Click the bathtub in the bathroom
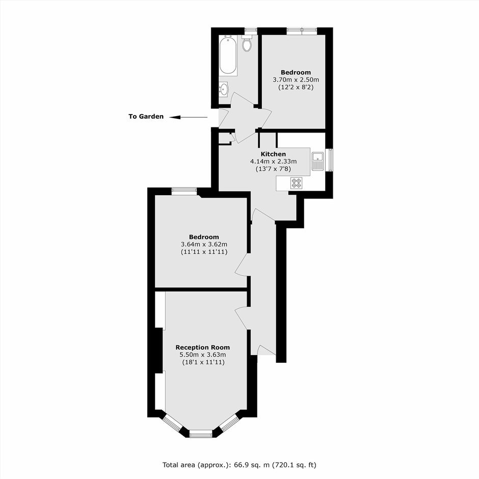(x=228, y=56)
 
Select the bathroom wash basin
(x=224, y=89)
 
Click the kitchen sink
(x=318, y=161)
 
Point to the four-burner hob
(x=296, y=182)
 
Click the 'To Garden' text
(x=146, y=116)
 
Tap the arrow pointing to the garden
(x=189, y=117)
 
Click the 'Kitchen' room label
(x=273, y=154)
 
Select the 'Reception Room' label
(x=202, y=348)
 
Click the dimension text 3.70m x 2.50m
(x=296, y=79)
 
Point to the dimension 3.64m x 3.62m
(x=204, y=245)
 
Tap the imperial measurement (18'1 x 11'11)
(x=203, y=362)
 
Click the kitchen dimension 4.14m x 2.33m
(x=274, y=162)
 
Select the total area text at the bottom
(x=240, y=465)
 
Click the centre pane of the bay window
(x=200, y=434)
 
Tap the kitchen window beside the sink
(x=330, y=161)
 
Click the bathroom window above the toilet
(x=251, y=30)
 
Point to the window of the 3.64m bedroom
(x=183, y=191)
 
